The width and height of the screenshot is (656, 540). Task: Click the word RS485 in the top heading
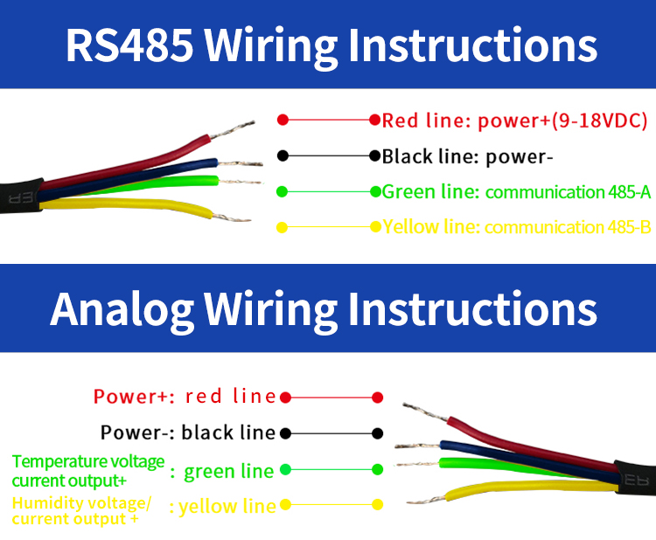[x=129, y=45]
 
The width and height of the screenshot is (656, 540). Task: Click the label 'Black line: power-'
[x=469, y=157]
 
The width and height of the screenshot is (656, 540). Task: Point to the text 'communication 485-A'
[x=568, y=192]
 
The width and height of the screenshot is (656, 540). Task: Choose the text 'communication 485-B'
[x=568, y=228]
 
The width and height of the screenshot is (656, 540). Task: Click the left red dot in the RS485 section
[x=283, y=120]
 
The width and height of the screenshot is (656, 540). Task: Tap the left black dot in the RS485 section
[x=283, y=156]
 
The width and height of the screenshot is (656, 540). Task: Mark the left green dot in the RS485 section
[x=283, y=191]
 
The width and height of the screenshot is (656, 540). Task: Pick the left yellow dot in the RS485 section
[x=283, y=228]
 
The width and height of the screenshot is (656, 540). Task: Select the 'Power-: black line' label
[x=188, y=433]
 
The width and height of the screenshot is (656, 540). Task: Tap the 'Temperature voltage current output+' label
[x=87, y=470]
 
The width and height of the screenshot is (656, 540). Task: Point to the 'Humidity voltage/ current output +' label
[x=82, y=510]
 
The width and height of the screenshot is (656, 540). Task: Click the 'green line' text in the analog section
[x=228, y=472]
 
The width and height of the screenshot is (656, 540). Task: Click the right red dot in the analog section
[x=378, y=398]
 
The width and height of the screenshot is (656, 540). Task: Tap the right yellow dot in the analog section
[x=378, y=505]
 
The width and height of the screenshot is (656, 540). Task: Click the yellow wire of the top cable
[x=131, y=206]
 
